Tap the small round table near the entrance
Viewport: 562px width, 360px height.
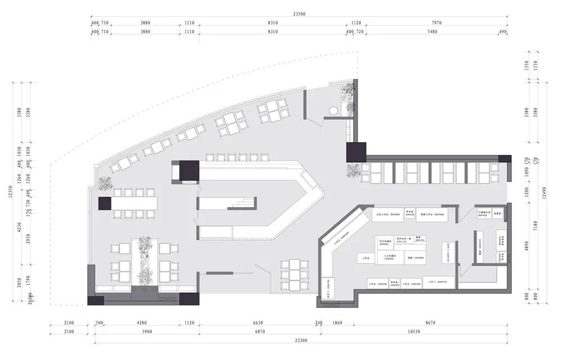[x=333, y=110]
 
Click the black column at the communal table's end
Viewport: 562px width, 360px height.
[x=106, y=203]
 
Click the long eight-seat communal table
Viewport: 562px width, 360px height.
[x=135, y=203]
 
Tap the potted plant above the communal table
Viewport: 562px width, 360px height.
[x=105, y=183]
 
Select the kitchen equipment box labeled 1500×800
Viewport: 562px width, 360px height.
[x=387, y=215]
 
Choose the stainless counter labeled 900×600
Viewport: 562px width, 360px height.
[x=484, y=214]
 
